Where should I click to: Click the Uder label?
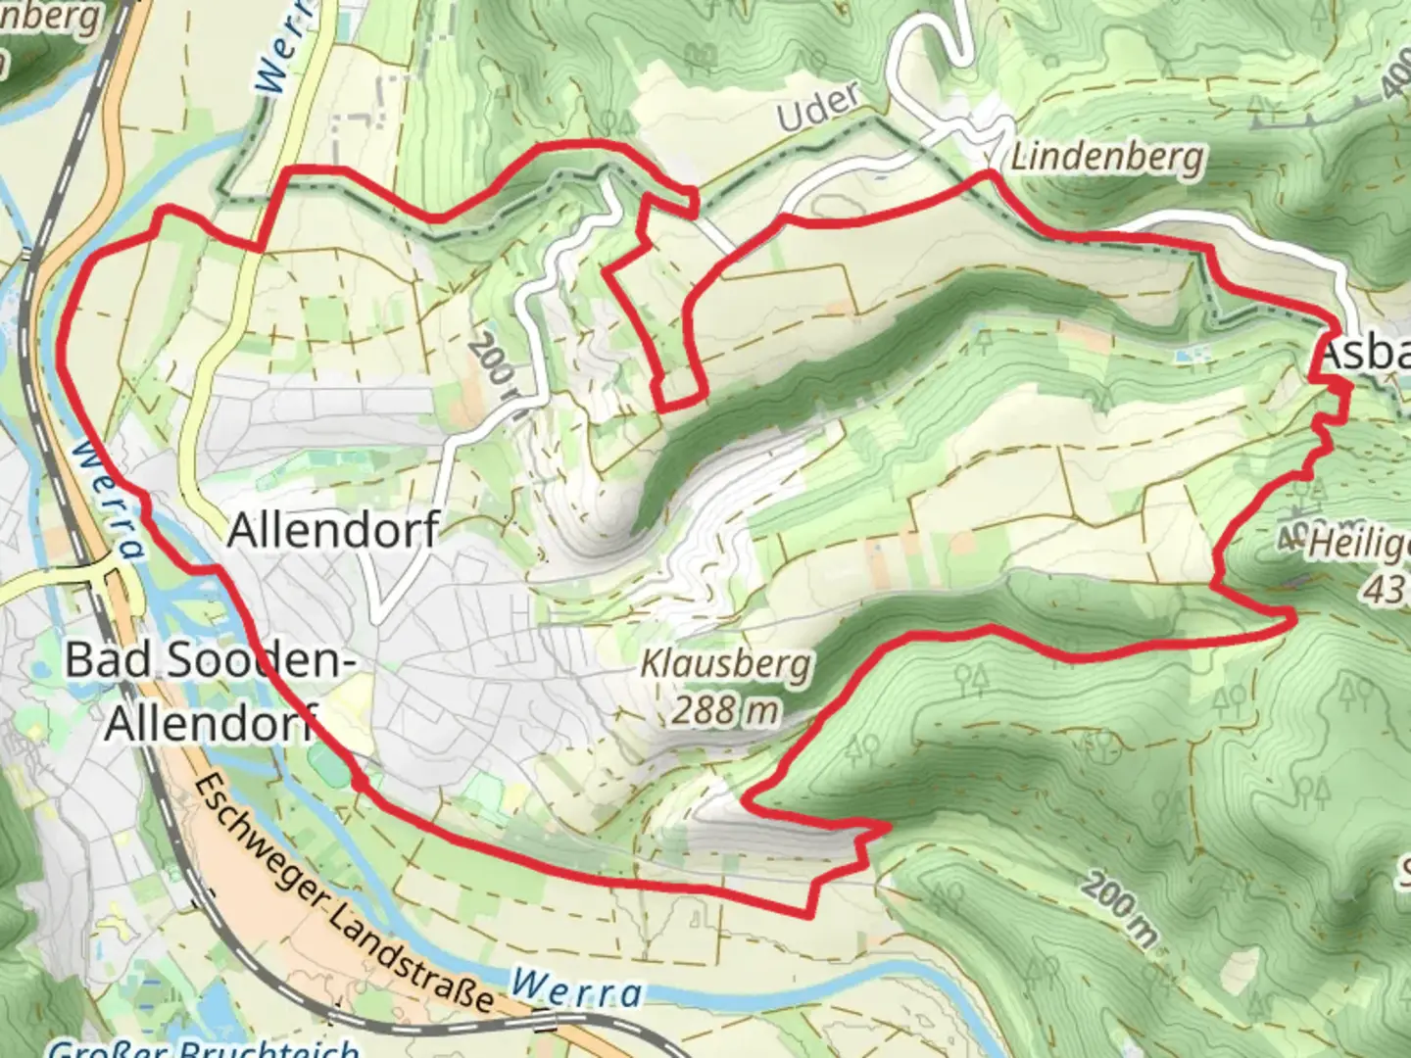[818, 107]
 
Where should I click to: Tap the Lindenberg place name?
[1106, 157]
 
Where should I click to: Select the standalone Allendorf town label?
[332, 530]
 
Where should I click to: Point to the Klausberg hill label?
[725, 666]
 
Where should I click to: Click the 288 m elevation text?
[725, 709]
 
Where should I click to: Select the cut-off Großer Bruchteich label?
[201, 1048]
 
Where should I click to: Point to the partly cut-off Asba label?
[1364, 355]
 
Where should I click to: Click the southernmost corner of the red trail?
[809, 916]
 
